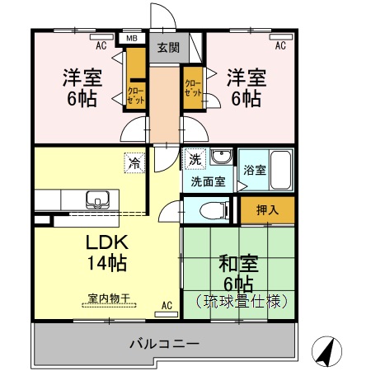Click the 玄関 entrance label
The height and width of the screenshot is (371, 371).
168,48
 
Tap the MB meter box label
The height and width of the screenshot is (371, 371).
131,38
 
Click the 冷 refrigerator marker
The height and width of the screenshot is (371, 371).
134,162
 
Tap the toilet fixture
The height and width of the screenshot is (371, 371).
204,211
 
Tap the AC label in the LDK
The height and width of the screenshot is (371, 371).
167,306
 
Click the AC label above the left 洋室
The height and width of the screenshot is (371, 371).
101,45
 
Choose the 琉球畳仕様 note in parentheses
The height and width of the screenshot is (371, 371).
238,302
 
